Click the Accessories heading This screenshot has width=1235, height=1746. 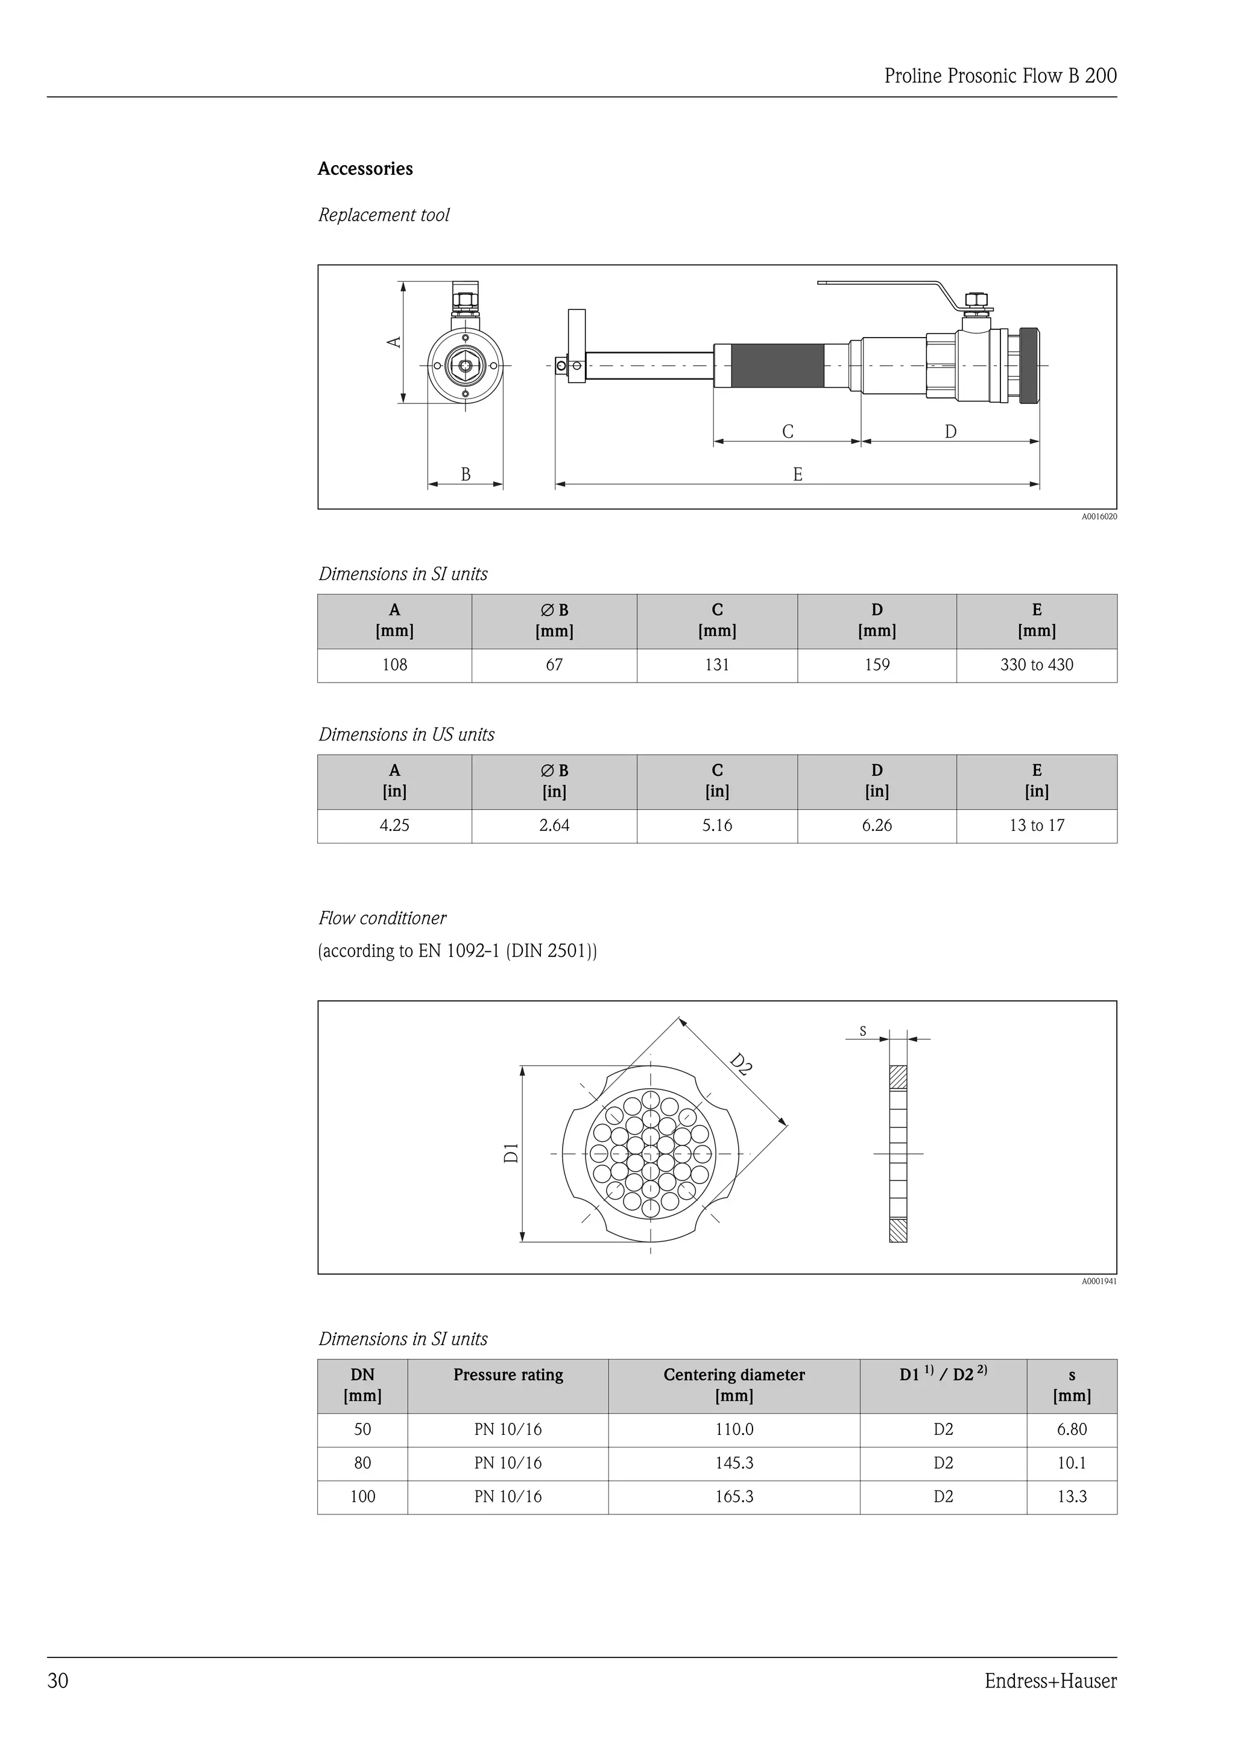pyautogui.click(x=365, y=169)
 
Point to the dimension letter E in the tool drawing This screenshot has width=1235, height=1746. pyautogui.click(x=797, y=474)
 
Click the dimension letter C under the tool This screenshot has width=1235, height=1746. pyautogui.click(x=787, y=432)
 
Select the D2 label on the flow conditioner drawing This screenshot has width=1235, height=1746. pyautogui.click(x=741, y=1064)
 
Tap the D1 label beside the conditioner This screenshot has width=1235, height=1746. pyautogui.click(x=512, y=1153)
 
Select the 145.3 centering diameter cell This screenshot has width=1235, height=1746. pyautogui.click(x=734, y=1463)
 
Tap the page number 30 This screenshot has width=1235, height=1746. pyautogui.click(x=58, y=1681)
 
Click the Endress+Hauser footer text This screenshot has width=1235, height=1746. pyautogui.click(x=1050, y=1681)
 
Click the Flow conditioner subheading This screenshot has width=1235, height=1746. pyautogui.click(x=382, y=919)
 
